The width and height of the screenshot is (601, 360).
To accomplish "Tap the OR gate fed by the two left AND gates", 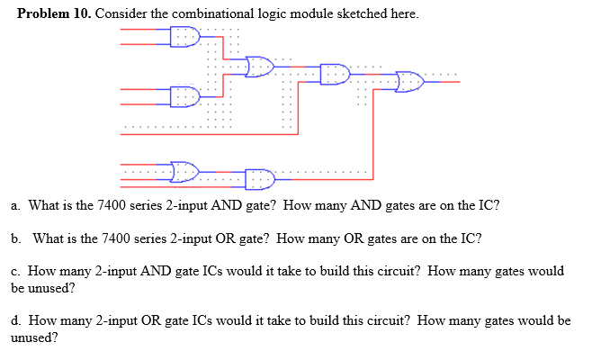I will pyautogui.click(x=260, y=66).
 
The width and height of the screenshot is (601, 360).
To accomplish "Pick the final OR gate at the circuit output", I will pyautogui.click(x=410, y=81).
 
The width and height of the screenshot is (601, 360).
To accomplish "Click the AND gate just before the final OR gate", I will pyautogui.click(x=335, y=73).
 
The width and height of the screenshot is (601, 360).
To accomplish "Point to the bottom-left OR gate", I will pyautogui.click(x=185, y=170).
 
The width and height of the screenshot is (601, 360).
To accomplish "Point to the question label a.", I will pyautogui.click(x=15, y=205).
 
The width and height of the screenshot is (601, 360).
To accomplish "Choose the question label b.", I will pyautogui.click(x=16, y=238).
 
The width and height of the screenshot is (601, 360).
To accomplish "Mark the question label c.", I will pyautogui.click(x=15, y=271).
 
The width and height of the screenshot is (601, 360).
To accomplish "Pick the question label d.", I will pyautogui.click(x=16, y=320).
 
